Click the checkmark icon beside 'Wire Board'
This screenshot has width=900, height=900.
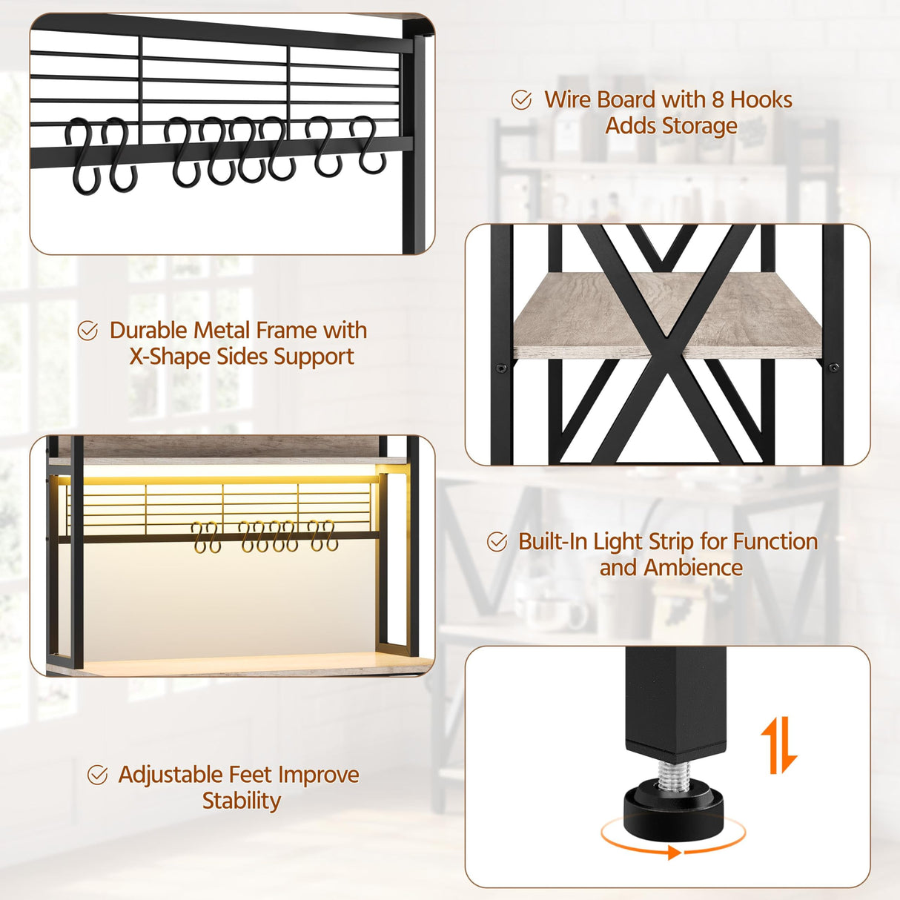pos(521,100)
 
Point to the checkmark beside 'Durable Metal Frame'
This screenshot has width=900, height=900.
pos(87,331)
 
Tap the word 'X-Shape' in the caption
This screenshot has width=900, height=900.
pos(170,357)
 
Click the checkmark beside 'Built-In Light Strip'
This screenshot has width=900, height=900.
pos(497,542)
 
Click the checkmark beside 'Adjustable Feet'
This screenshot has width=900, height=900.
pos(97,775)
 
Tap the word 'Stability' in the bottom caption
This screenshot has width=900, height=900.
pos(242,801)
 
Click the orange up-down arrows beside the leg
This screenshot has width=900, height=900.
pos(778,744)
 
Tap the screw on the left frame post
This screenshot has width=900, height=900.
pos(501,367)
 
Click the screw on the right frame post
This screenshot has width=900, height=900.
pos(834,367)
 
